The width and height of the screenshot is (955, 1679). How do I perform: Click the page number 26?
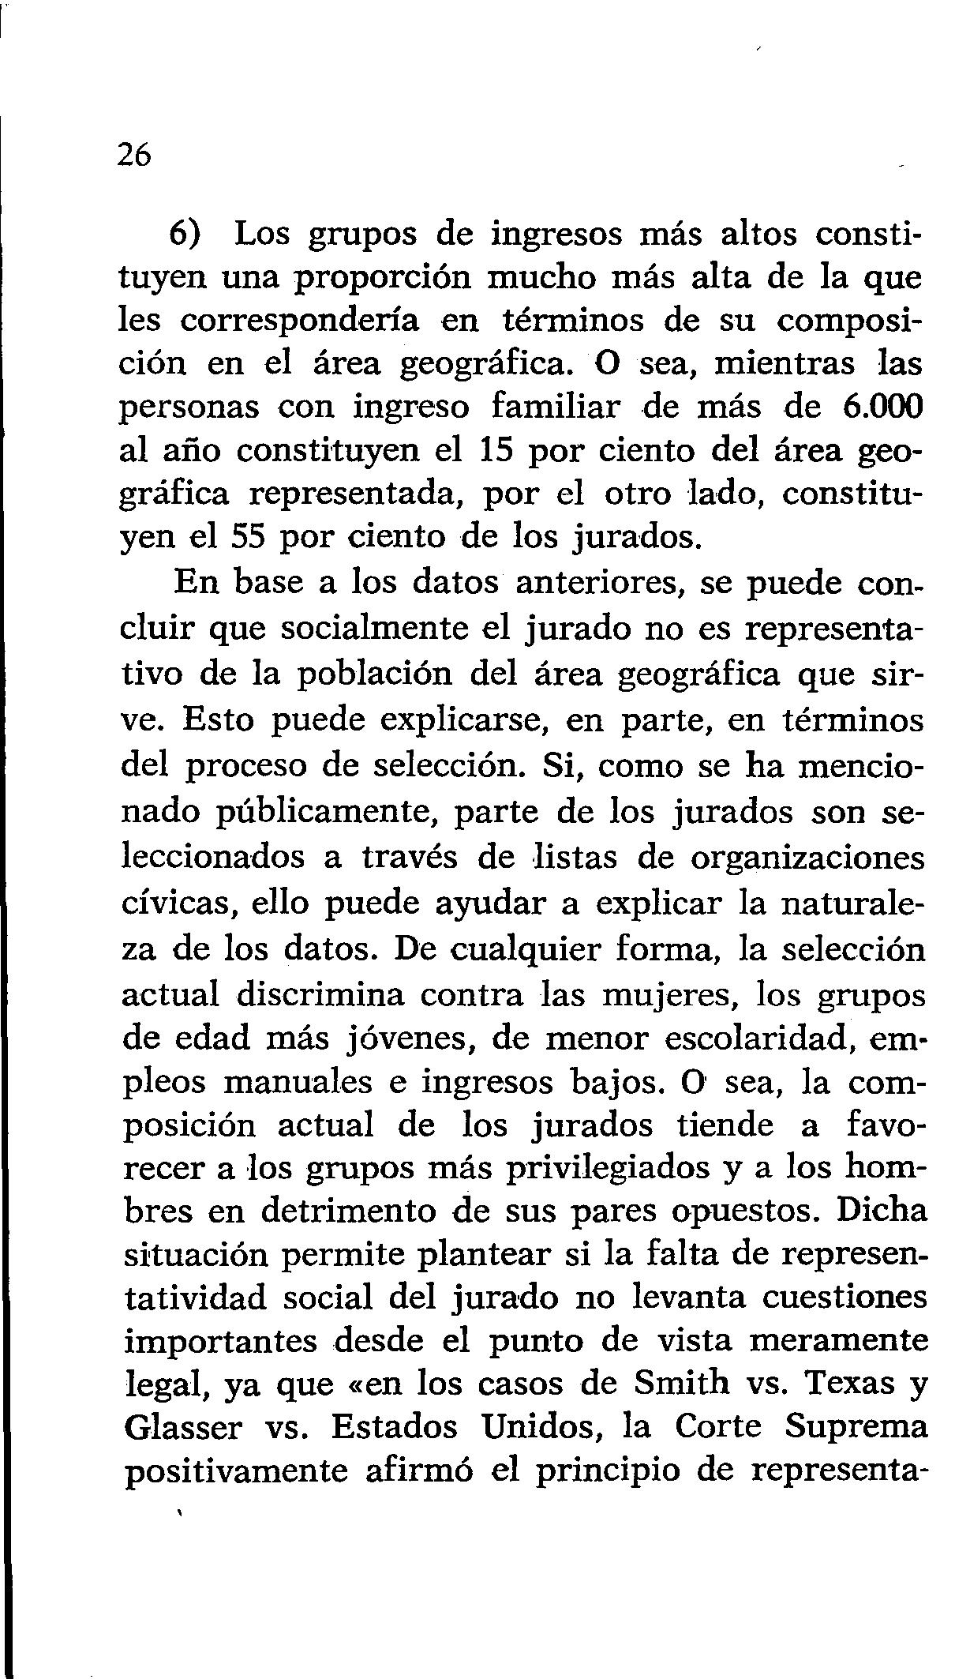(x=133, y=155)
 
